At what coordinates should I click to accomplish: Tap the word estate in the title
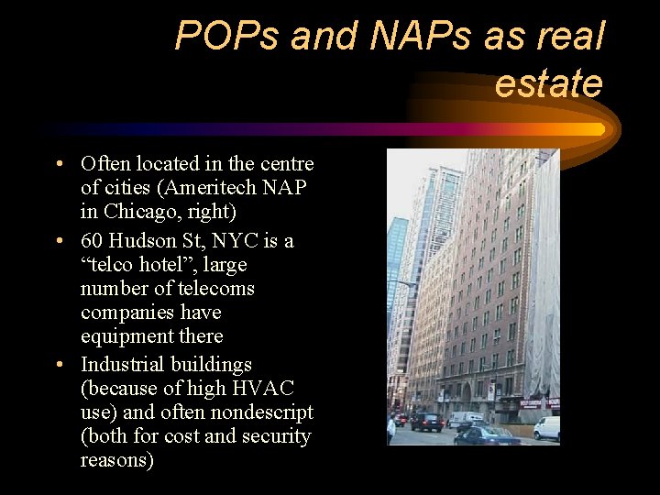click(x=548, y=83)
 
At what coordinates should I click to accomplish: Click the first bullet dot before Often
click(x=58, y=165)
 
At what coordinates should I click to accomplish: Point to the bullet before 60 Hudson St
click(x=58, y=242)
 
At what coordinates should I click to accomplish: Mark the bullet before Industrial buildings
click(x=58, y=366)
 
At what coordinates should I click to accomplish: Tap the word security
click(x=272, y=435)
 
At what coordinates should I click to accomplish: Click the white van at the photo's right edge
click(x=547, y=427)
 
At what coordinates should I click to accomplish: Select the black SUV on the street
click(x=426, y=422)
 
